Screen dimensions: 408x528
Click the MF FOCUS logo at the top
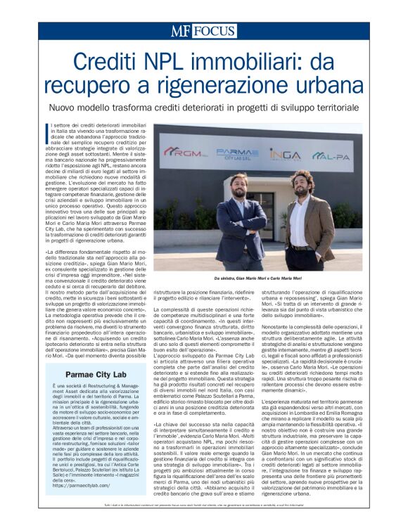coord(203,30)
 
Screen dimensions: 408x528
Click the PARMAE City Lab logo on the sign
coord(232,153)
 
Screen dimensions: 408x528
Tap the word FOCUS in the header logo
coord(215,30)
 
